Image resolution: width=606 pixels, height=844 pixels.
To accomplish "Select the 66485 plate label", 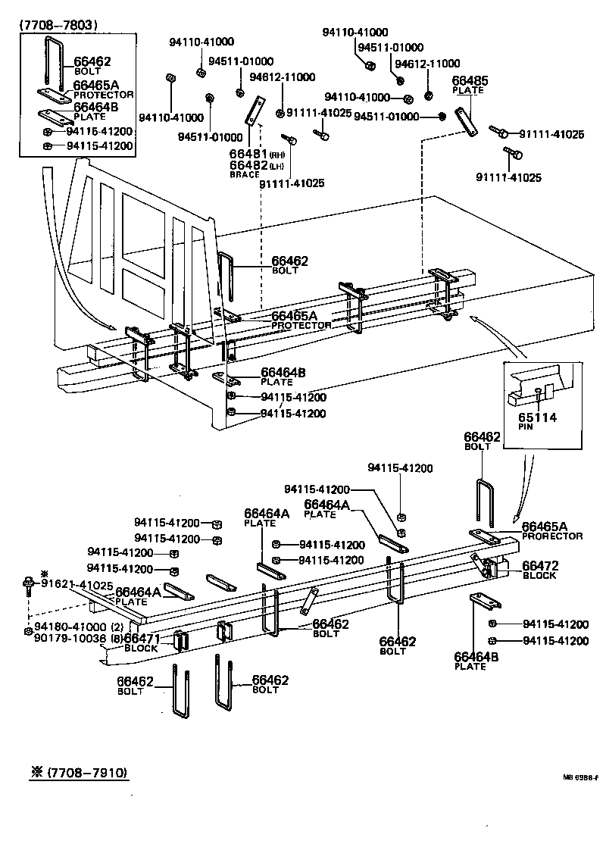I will click(470, 80).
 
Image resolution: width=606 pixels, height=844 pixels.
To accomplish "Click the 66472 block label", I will click(540, 565).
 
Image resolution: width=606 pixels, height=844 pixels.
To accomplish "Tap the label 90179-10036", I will click(69, 638).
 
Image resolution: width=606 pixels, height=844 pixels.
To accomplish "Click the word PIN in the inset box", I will click(526, 427).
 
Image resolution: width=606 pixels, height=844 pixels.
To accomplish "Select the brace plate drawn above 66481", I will click(253, 111).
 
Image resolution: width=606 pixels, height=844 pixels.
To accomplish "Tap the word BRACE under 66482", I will click(245, 174).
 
